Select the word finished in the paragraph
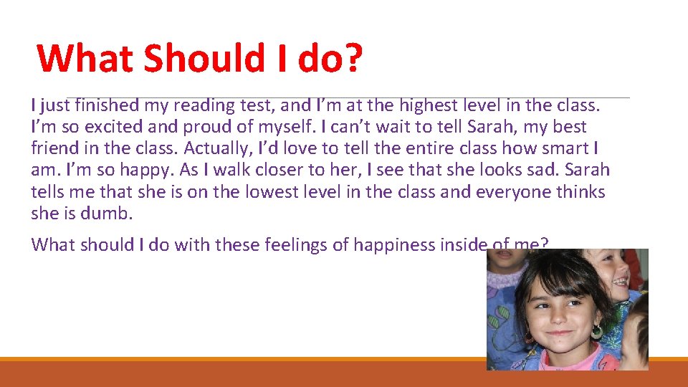105,105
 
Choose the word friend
54,148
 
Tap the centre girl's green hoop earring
596,333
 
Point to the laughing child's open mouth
618,281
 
